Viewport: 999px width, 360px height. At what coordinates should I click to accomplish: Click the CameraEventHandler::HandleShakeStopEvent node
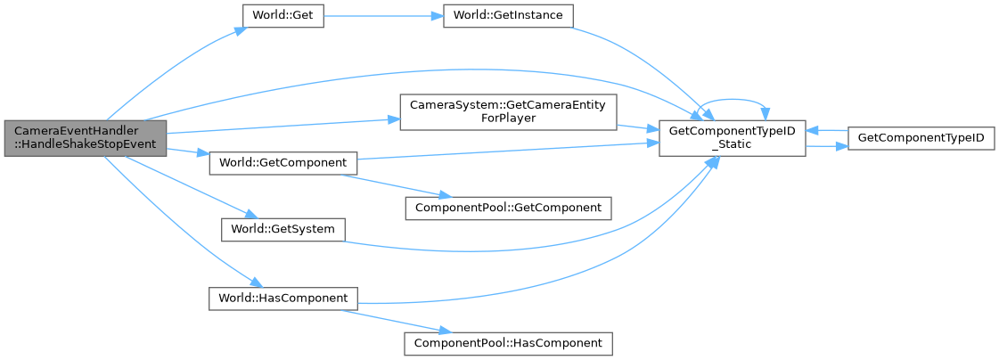click(x=85, y=137)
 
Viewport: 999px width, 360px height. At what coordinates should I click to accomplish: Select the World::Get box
click(x=283, y=18)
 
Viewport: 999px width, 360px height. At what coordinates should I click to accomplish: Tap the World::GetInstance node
click(x=507, y=17)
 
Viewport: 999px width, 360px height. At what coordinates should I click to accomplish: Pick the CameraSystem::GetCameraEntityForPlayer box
click(x=508, y=112)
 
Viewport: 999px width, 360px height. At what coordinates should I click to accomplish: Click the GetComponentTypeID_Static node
click(x=732, y=137)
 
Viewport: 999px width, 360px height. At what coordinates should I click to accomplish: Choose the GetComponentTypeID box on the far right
click(x=921, y=138)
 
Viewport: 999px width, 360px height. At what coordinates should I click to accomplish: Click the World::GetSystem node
click(x=283, y=229)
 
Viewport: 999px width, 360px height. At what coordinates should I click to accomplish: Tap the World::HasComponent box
click(x=283, y=297)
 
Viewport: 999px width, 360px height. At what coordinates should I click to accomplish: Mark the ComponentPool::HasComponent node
click(x=508, y=342)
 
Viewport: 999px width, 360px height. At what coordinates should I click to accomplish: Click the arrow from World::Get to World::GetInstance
click(x=383, y=18)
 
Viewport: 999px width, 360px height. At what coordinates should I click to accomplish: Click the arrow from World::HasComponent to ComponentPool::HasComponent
click(x=383, y=317)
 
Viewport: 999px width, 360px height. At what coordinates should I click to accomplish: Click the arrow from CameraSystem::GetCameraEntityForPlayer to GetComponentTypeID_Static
click(x=637, y=126)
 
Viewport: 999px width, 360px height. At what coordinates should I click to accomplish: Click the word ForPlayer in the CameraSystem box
click(x=508, y=119)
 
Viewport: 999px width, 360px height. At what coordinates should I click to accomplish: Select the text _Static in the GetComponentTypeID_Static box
click(x=732, y=144)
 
